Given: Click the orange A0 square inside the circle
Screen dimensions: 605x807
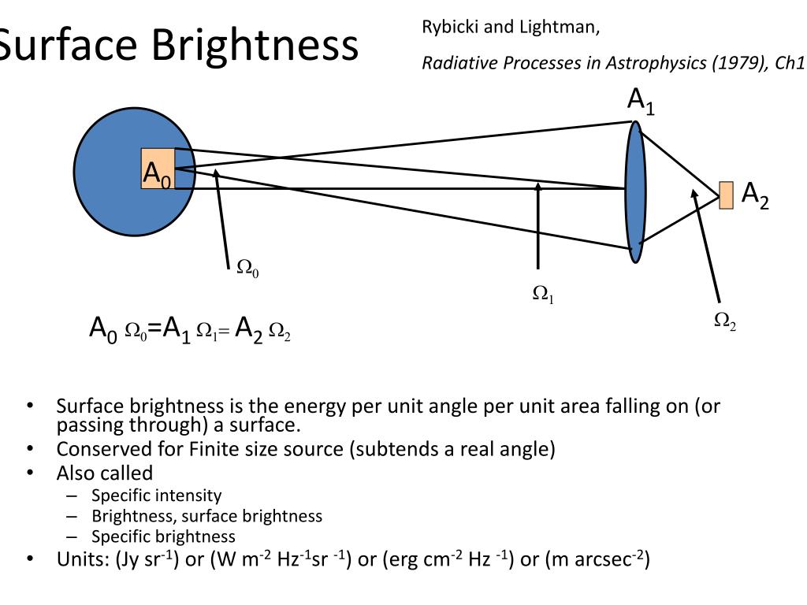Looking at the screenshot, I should point(158,169).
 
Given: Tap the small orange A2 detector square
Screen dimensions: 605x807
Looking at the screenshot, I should point(726,195).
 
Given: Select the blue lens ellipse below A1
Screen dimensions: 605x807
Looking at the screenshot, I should point(635,191).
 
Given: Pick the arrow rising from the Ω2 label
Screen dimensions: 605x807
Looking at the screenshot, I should point(707,244).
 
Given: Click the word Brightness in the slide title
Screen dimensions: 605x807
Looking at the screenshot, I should point(255,46).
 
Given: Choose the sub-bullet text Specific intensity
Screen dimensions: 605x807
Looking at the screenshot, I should point(156,496).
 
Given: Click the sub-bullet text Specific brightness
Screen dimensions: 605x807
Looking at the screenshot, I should point(163,536).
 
